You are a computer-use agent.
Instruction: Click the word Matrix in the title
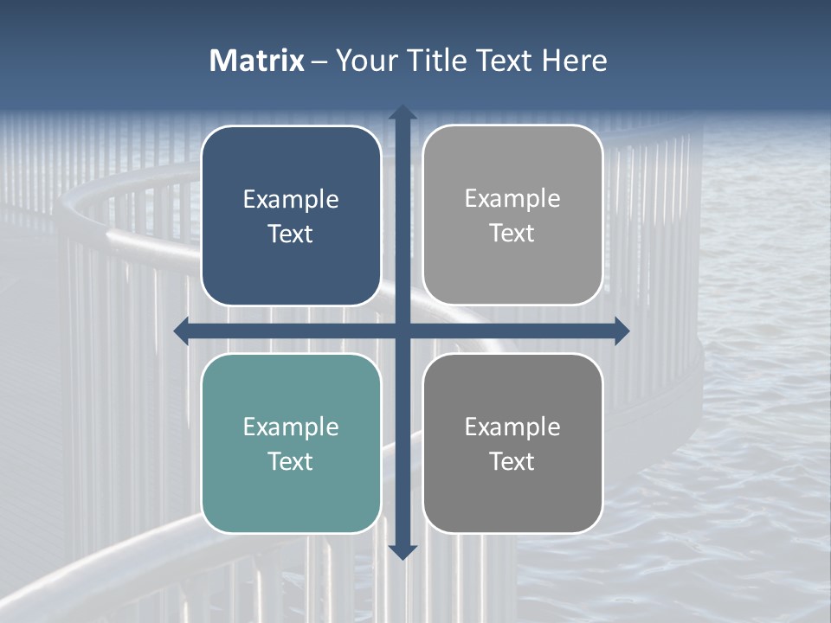[x=257, y=61]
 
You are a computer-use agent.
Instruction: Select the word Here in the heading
[x=574, y=61]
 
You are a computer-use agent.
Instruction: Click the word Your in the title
[x=364, y=61]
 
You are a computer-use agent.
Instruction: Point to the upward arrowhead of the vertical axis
[x=403, y=113]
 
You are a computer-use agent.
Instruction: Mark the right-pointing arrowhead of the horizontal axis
[x=621, y=331]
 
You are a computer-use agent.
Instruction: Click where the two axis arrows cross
[x=403, y=331]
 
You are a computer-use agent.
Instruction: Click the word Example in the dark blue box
[x=291, y=200]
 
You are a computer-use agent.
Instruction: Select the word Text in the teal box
[x=291, y=461]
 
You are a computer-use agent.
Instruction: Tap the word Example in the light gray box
[x=512, y=199]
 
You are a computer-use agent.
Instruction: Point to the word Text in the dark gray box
[x=512, y=461]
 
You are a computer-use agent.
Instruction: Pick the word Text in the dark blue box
[x=291, y=234]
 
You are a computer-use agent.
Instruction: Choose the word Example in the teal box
[x=291, y=427]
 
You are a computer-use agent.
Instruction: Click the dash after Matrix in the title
[x=319, y=61]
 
